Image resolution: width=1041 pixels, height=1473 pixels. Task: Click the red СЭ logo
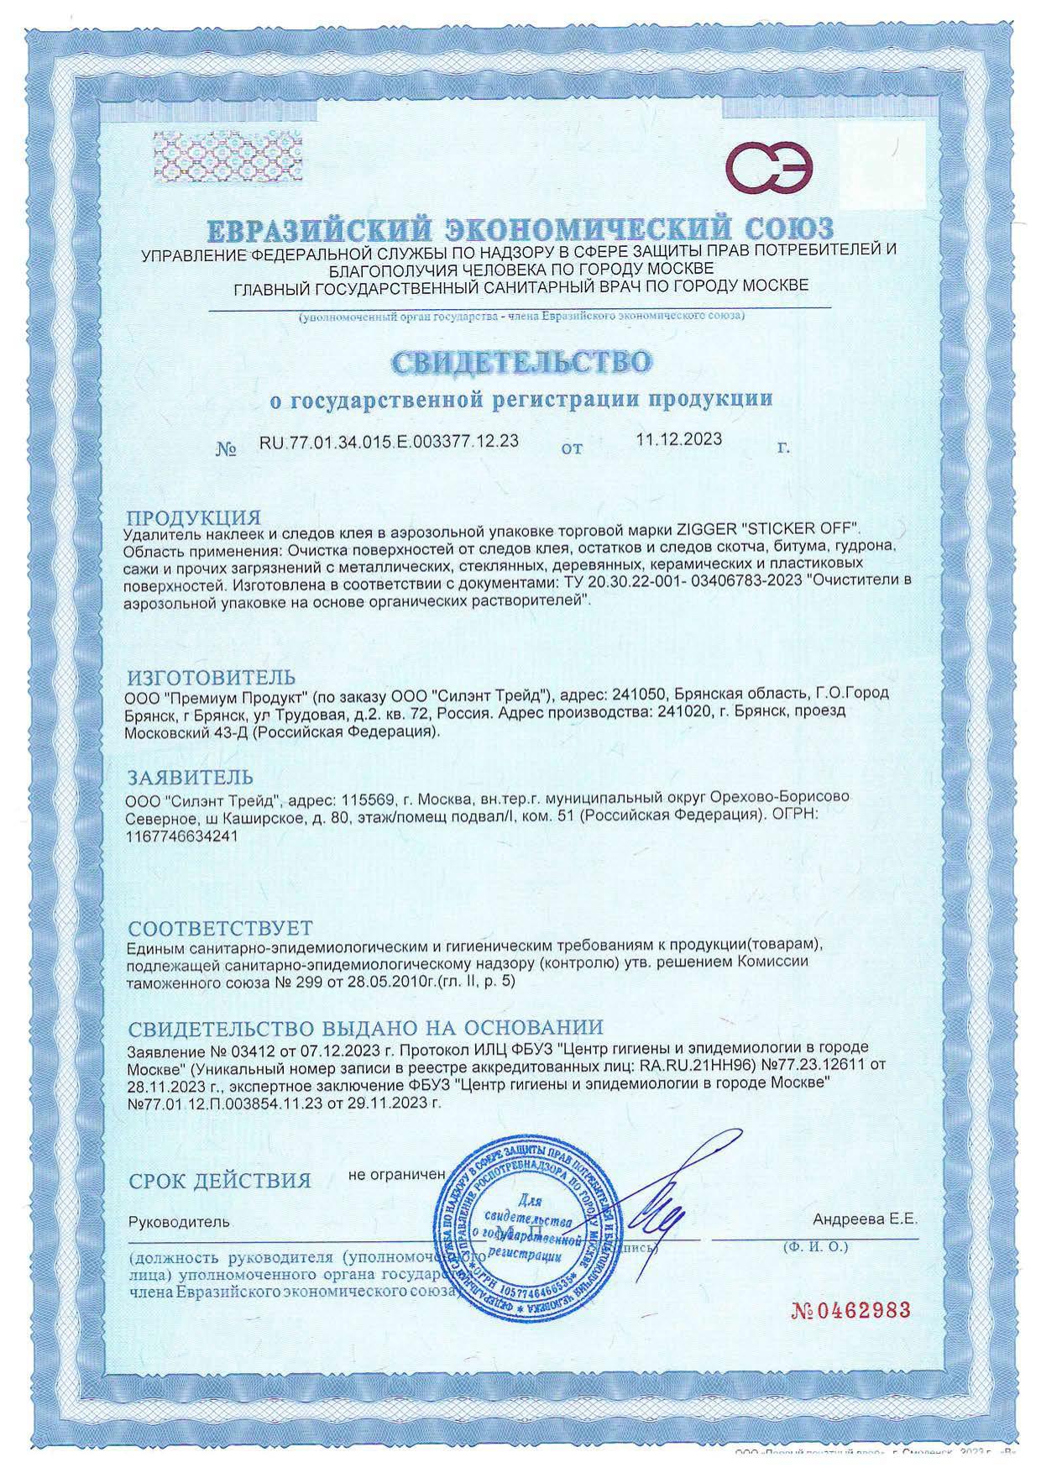[x=769, y=167]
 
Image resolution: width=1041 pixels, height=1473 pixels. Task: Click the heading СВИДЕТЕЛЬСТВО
[x=520, y=362]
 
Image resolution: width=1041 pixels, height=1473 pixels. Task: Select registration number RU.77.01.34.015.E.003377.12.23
[x=390, y=443]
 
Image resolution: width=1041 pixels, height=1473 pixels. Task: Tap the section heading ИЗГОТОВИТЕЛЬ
[x=211, y=677]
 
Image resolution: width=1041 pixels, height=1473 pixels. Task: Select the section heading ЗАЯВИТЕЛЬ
[x=189, y=774]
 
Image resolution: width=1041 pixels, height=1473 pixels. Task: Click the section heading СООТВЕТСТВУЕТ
[x=220, y=928]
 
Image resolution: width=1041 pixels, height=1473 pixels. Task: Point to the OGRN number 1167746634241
[x=180, y=837]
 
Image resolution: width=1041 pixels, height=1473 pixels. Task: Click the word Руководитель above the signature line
[x=178, y=1223]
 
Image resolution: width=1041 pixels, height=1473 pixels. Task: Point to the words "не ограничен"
[x=395, y=1174]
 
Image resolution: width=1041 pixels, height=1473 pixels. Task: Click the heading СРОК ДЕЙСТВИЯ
[x=220, y=1181]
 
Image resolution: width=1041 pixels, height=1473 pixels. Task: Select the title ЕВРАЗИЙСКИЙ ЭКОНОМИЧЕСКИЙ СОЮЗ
[x=520, y=229]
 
